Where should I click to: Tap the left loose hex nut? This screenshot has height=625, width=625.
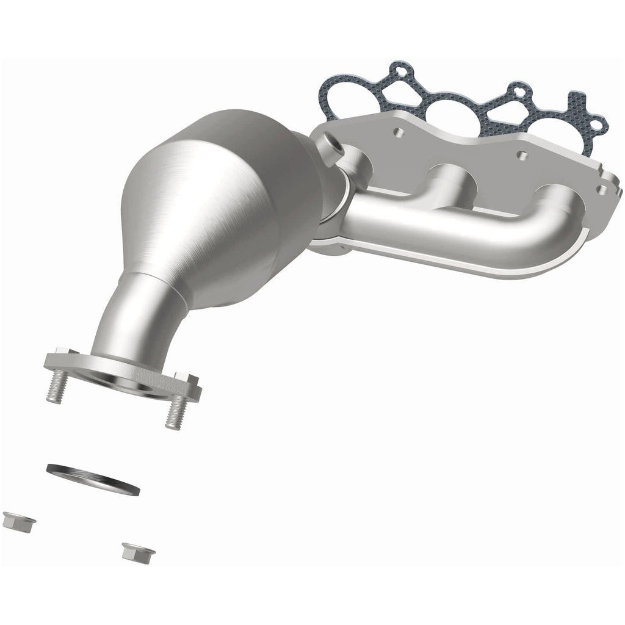click(18, 520)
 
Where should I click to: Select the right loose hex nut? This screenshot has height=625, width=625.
click(138, 552)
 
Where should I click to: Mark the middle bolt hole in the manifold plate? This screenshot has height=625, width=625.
click(522, 155)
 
